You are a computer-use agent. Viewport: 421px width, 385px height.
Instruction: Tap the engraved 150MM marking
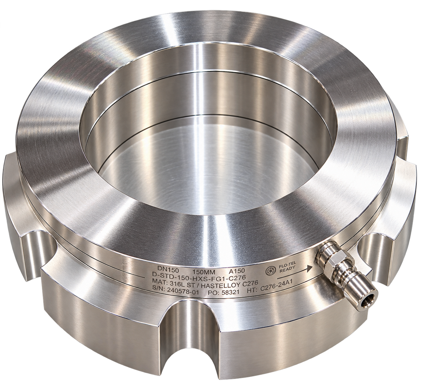[x=204, y=272]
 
